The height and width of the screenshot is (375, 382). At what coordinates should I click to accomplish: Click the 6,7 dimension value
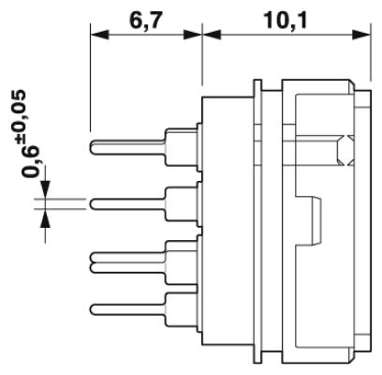(146, 21)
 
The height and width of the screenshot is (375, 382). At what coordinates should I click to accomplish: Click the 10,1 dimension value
(286, 21)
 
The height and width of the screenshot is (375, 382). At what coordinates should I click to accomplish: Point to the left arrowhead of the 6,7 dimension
(99, 35)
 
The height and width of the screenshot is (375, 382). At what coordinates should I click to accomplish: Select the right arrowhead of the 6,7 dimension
(193, 35)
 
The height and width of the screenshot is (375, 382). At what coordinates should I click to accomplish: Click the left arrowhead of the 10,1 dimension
(212, 35)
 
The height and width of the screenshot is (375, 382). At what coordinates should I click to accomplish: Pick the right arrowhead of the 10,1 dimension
(361, 35)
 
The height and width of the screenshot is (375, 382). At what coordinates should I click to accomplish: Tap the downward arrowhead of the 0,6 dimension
(46, 189)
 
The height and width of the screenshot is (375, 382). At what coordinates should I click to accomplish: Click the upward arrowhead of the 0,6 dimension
(46, 217)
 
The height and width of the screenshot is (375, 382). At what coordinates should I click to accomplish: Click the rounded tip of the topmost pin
(93, 147)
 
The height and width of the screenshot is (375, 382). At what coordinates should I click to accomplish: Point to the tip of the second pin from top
(93, 204)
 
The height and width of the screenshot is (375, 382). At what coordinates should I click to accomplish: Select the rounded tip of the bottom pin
(93, 309)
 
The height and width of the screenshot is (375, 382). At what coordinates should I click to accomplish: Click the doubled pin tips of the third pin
(93, 262)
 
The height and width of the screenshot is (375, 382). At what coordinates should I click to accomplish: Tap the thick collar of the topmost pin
(181, 147)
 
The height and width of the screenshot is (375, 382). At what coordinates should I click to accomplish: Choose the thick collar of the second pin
(181, 203)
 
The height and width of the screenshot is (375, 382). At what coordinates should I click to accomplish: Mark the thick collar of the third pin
(181, 262)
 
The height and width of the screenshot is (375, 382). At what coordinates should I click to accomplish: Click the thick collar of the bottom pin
(181, 309)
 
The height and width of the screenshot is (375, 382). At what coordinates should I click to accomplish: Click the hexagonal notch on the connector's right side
(345, 151)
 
